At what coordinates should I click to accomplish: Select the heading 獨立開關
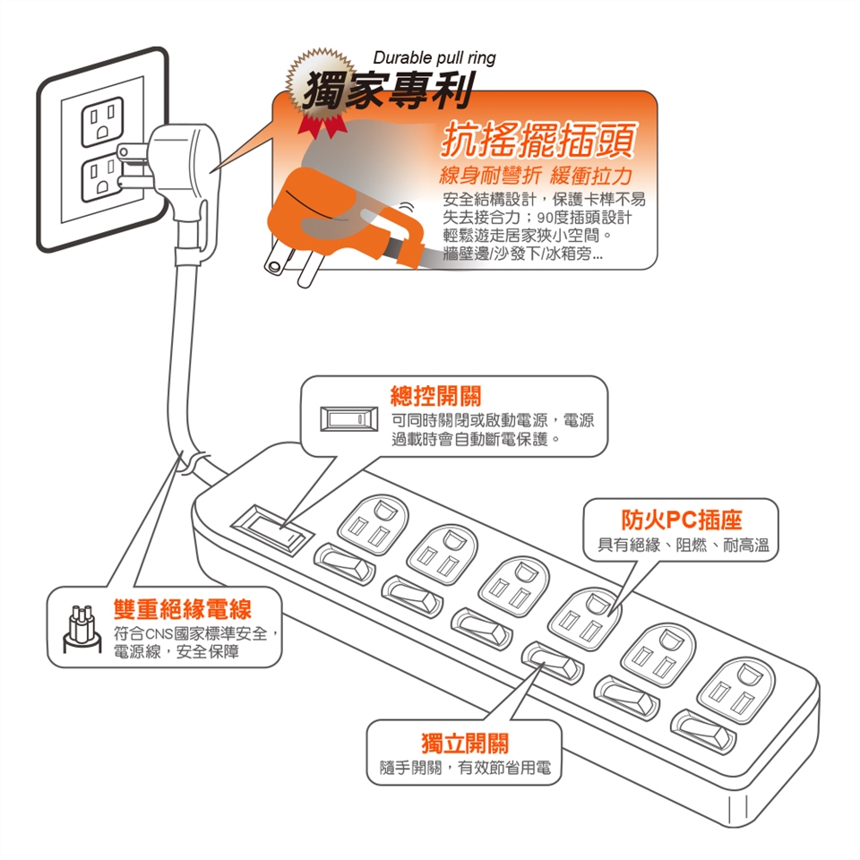[465, 743]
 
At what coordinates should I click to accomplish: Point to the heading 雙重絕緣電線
[182, 610]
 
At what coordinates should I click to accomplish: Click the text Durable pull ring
[434, 58]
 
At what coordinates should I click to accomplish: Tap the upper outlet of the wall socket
[102, 124]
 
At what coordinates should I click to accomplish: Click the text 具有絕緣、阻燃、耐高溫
[682, 545]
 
